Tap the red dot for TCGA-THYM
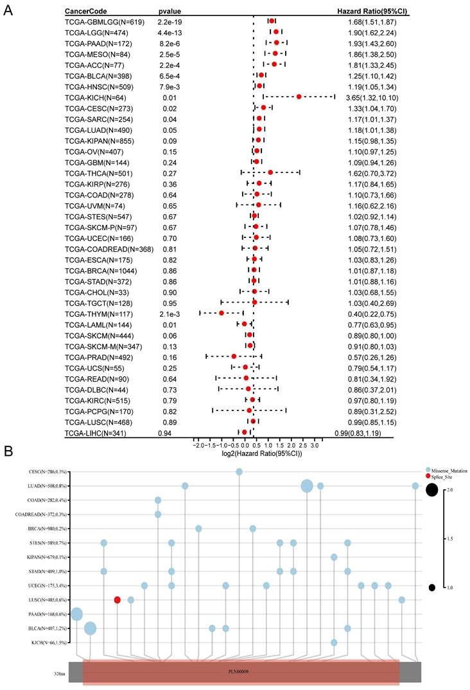tap(222, 313)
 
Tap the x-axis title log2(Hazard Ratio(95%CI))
tap(257, 453)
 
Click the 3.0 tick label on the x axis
tap(315, 444)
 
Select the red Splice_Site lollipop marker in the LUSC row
tap(118, 600)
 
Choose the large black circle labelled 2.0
tap(431, 491)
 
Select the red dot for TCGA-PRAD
tap(234, 356)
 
